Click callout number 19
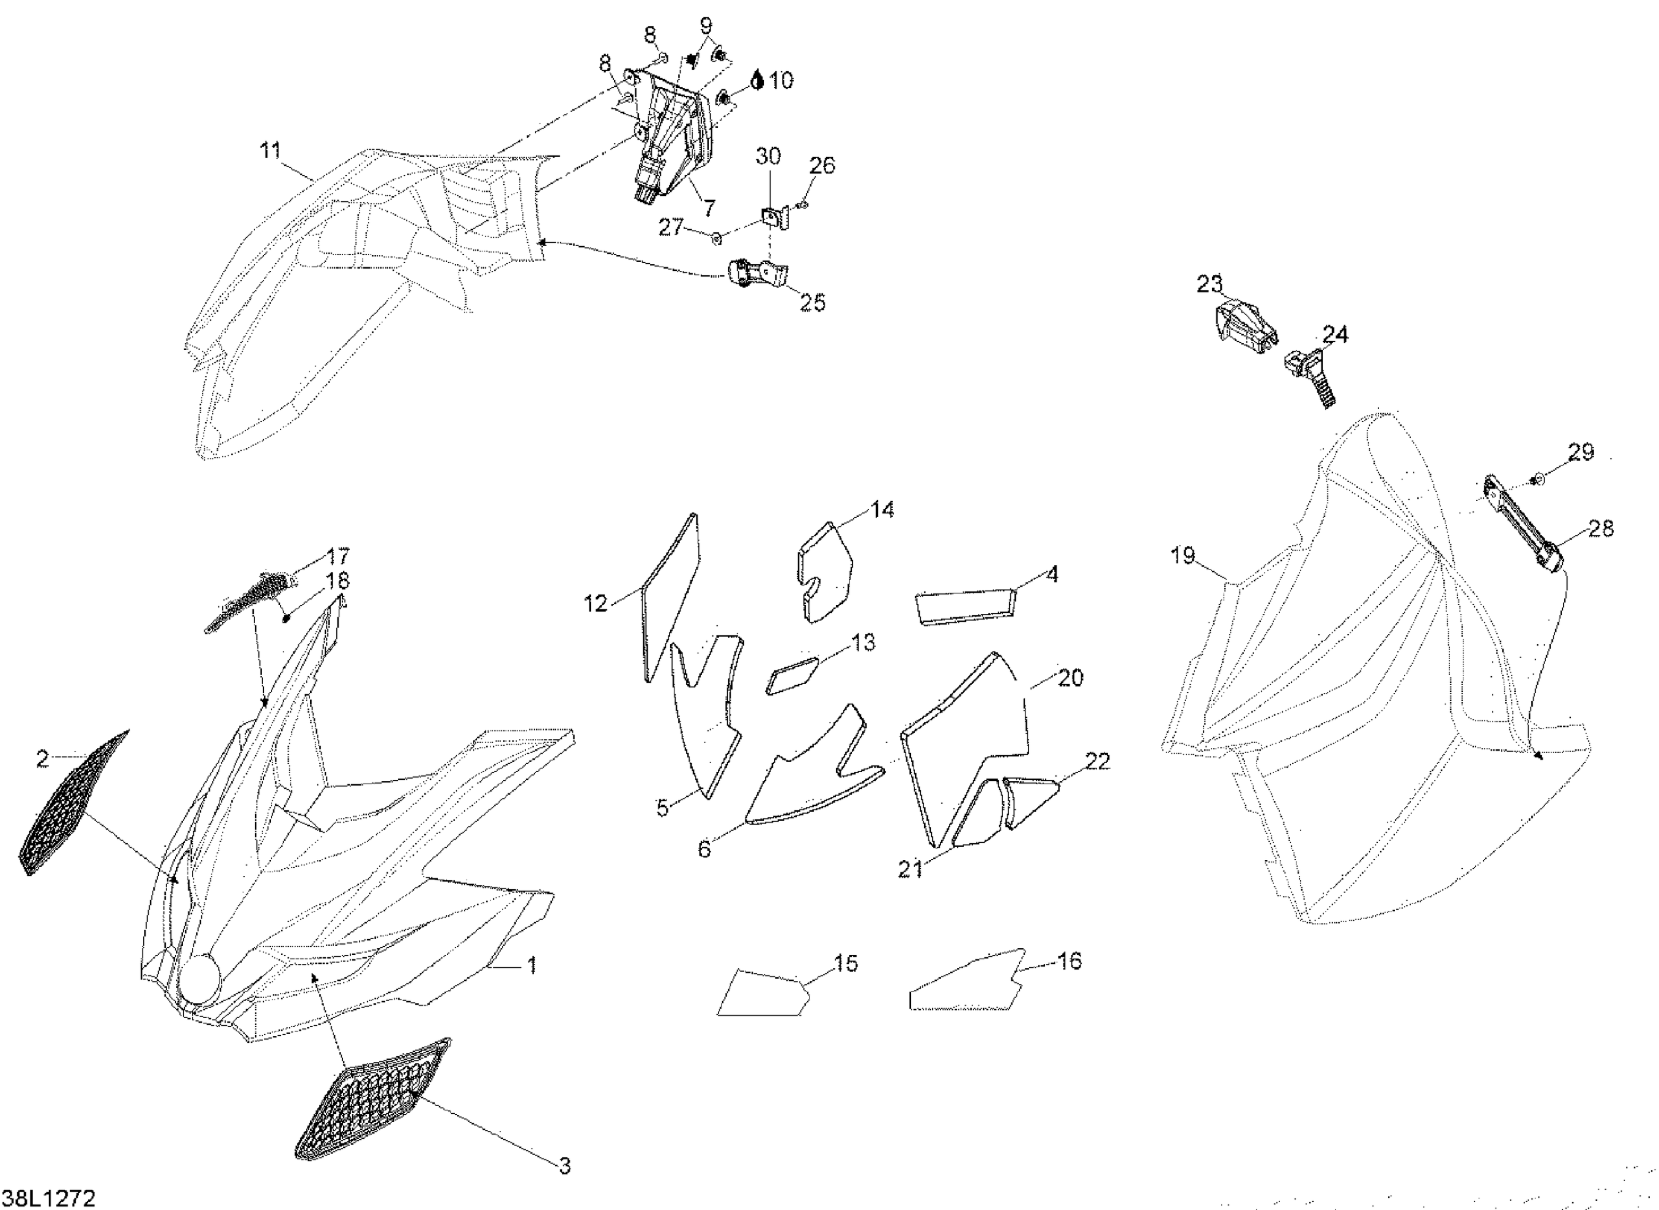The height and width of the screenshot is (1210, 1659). (1183, 556)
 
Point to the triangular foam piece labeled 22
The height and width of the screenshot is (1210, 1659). (1031, 800)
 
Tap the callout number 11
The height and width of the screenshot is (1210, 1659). (270, 151)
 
